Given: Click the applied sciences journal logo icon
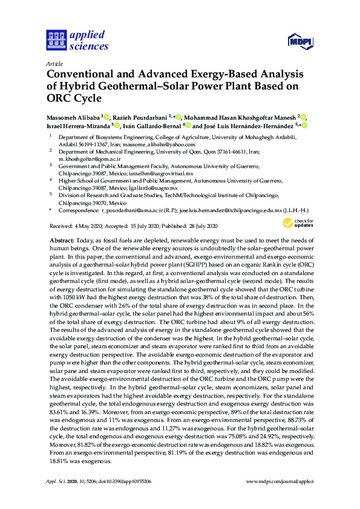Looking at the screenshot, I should [x=54, y=40].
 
